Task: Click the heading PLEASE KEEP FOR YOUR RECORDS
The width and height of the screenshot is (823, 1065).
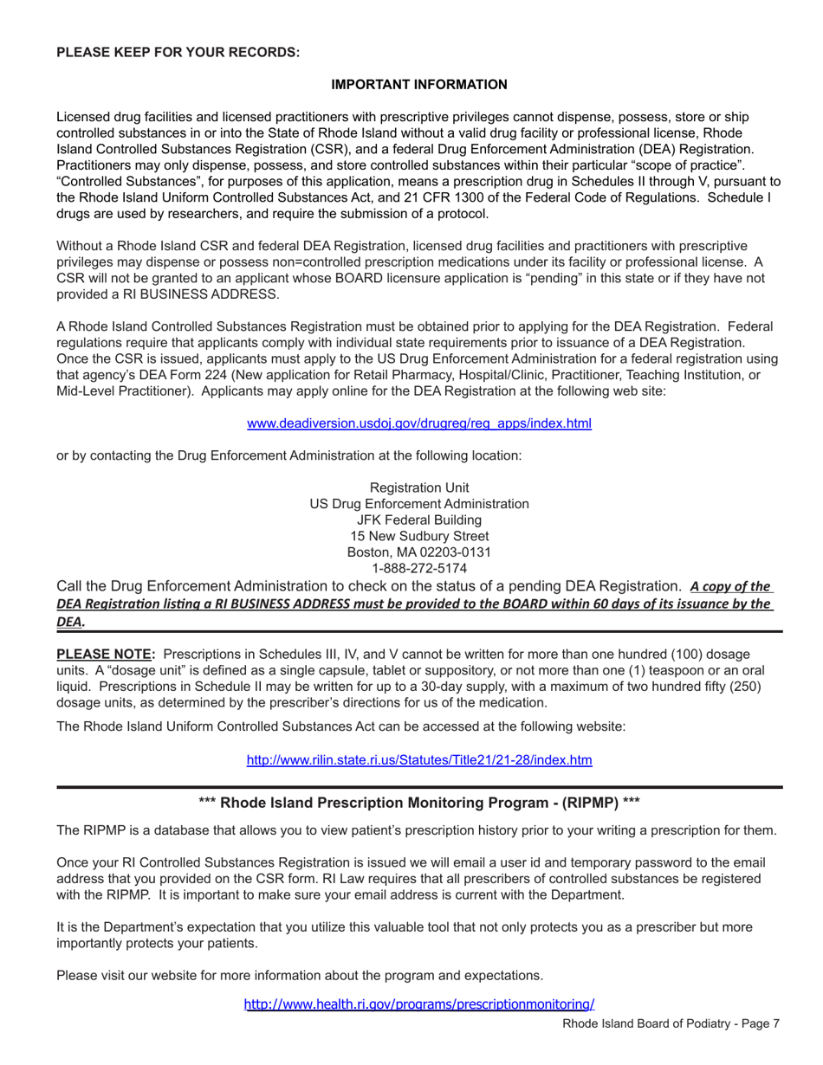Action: point(178,52)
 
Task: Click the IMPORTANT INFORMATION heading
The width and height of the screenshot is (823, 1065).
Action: point(419,84)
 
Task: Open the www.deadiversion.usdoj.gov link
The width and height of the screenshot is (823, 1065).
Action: point(419,423)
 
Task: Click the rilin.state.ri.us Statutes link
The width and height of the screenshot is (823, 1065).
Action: point(419,760)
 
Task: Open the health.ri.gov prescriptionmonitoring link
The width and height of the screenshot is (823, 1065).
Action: point(419,1004)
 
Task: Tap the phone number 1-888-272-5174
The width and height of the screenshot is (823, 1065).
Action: point(419,569)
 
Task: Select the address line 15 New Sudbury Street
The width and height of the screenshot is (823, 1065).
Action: point(419,536)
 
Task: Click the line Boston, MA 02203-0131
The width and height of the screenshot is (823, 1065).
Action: point(419,552)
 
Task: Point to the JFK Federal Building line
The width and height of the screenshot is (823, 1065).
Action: point(419,520)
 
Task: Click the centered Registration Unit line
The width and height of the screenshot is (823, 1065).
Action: point(419,487)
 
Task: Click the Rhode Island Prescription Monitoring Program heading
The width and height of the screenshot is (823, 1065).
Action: point(419,803)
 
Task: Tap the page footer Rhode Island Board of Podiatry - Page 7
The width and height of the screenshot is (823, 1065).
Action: point(671,1023)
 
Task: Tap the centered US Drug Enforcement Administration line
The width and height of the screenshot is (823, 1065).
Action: point(419,504)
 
